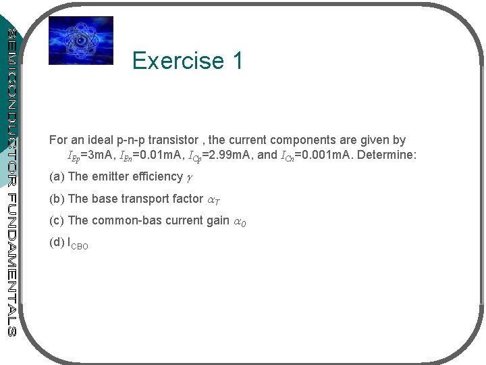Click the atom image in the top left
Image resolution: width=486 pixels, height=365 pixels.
[81, 41]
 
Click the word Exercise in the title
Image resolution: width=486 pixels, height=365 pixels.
[178, 61]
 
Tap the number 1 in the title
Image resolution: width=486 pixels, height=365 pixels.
[237, 61]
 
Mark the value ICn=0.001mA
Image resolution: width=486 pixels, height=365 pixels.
[315, 156]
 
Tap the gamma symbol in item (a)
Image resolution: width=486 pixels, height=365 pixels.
[188, 178]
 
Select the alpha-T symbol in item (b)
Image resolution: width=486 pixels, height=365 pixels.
[213, 199]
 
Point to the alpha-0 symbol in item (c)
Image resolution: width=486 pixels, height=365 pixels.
[239, 221]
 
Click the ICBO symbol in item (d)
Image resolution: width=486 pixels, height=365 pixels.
[78, 243]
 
